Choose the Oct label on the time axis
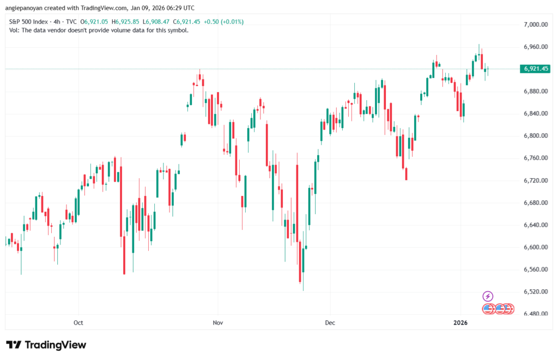tap(78, 322)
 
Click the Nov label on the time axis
tap(218, 322)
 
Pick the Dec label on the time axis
tap(330, 322)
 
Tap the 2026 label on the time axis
tap(461, 322)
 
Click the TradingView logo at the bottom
tap(46, 345)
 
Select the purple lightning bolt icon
tap(488, 296)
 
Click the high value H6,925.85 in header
tap(126, 22)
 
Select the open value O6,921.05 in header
tap(95, 22)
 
